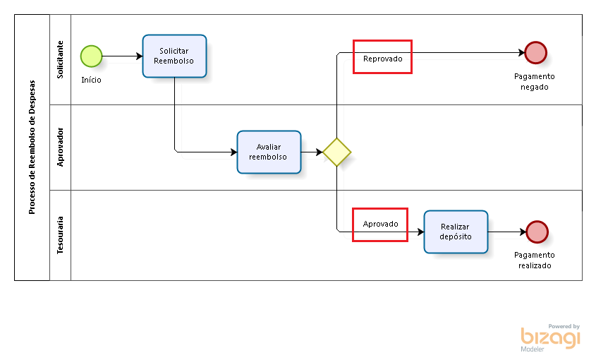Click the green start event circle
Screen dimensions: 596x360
tap(91, 56)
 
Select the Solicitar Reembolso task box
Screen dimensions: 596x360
tap(174, 56)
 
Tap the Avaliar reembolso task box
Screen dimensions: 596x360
tap(269, 152)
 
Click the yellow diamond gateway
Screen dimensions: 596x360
tap(336, 152)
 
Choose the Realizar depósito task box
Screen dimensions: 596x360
tap(456, 232)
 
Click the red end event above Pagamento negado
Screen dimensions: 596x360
tap(535, 52)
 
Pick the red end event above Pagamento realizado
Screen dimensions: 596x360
tap(537, 232)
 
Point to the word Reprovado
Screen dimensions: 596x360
tap(382, 59)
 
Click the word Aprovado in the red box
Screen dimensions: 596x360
tap(380, 224)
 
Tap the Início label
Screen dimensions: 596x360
tap(91, 80)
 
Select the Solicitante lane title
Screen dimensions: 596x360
tap(60, 60)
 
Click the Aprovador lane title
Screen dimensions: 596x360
tap(60, 148)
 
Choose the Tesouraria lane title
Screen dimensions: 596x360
tap(60, 235)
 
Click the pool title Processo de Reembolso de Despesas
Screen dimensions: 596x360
tap(32, 148)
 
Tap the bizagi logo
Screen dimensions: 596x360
tap(550, 337)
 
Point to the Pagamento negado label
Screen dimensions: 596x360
tap(535, 82)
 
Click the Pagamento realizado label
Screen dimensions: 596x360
tap(535, 260)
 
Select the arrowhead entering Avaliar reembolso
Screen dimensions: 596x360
tap(233, 152)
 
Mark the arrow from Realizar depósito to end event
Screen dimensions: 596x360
tap(507, 232)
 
